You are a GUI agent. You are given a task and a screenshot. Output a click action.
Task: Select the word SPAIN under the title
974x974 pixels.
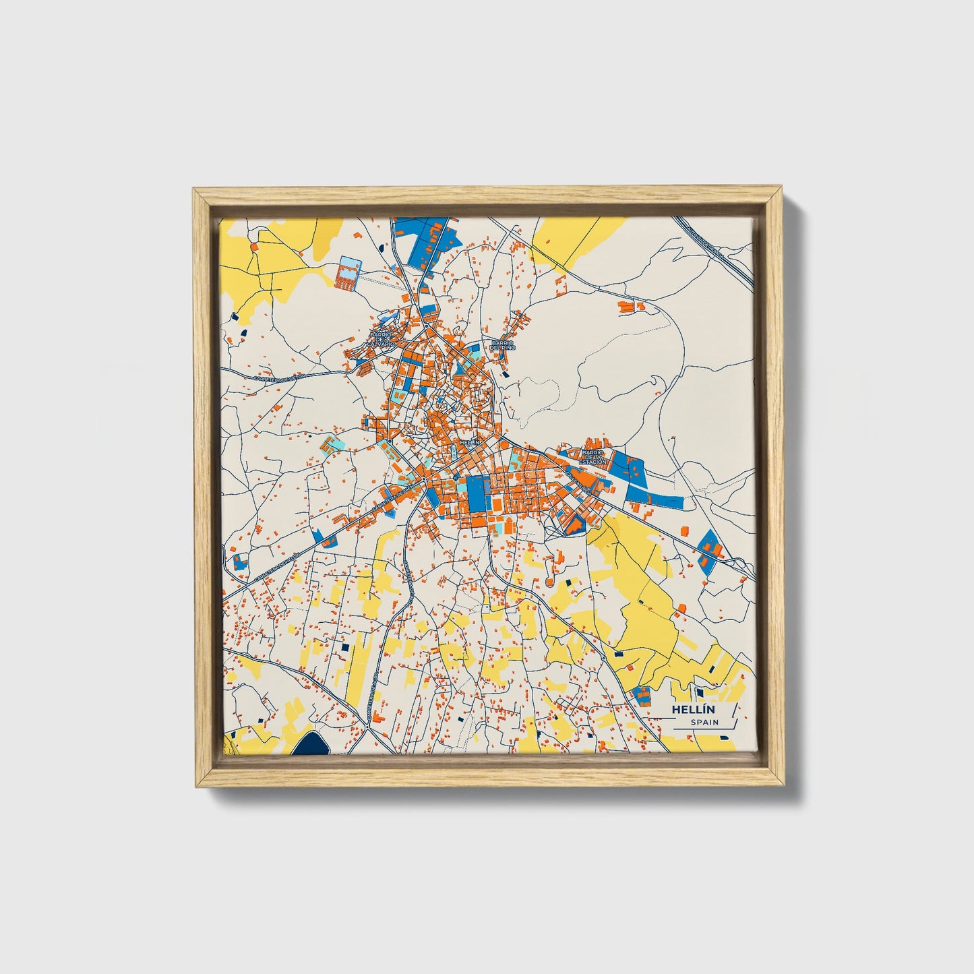(704, 723)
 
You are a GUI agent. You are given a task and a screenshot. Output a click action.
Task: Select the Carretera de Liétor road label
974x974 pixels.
(274, 379)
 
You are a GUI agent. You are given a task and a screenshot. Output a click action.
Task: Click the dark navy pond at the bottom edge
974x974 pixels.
(311, 744)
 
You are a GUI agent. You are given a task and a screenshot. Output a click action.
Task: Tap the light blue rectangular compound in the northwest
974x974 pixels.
(348, 272)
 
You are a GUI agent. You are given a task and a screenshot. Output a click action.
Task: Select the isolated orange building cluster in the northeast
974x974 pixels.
(632, 307)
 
